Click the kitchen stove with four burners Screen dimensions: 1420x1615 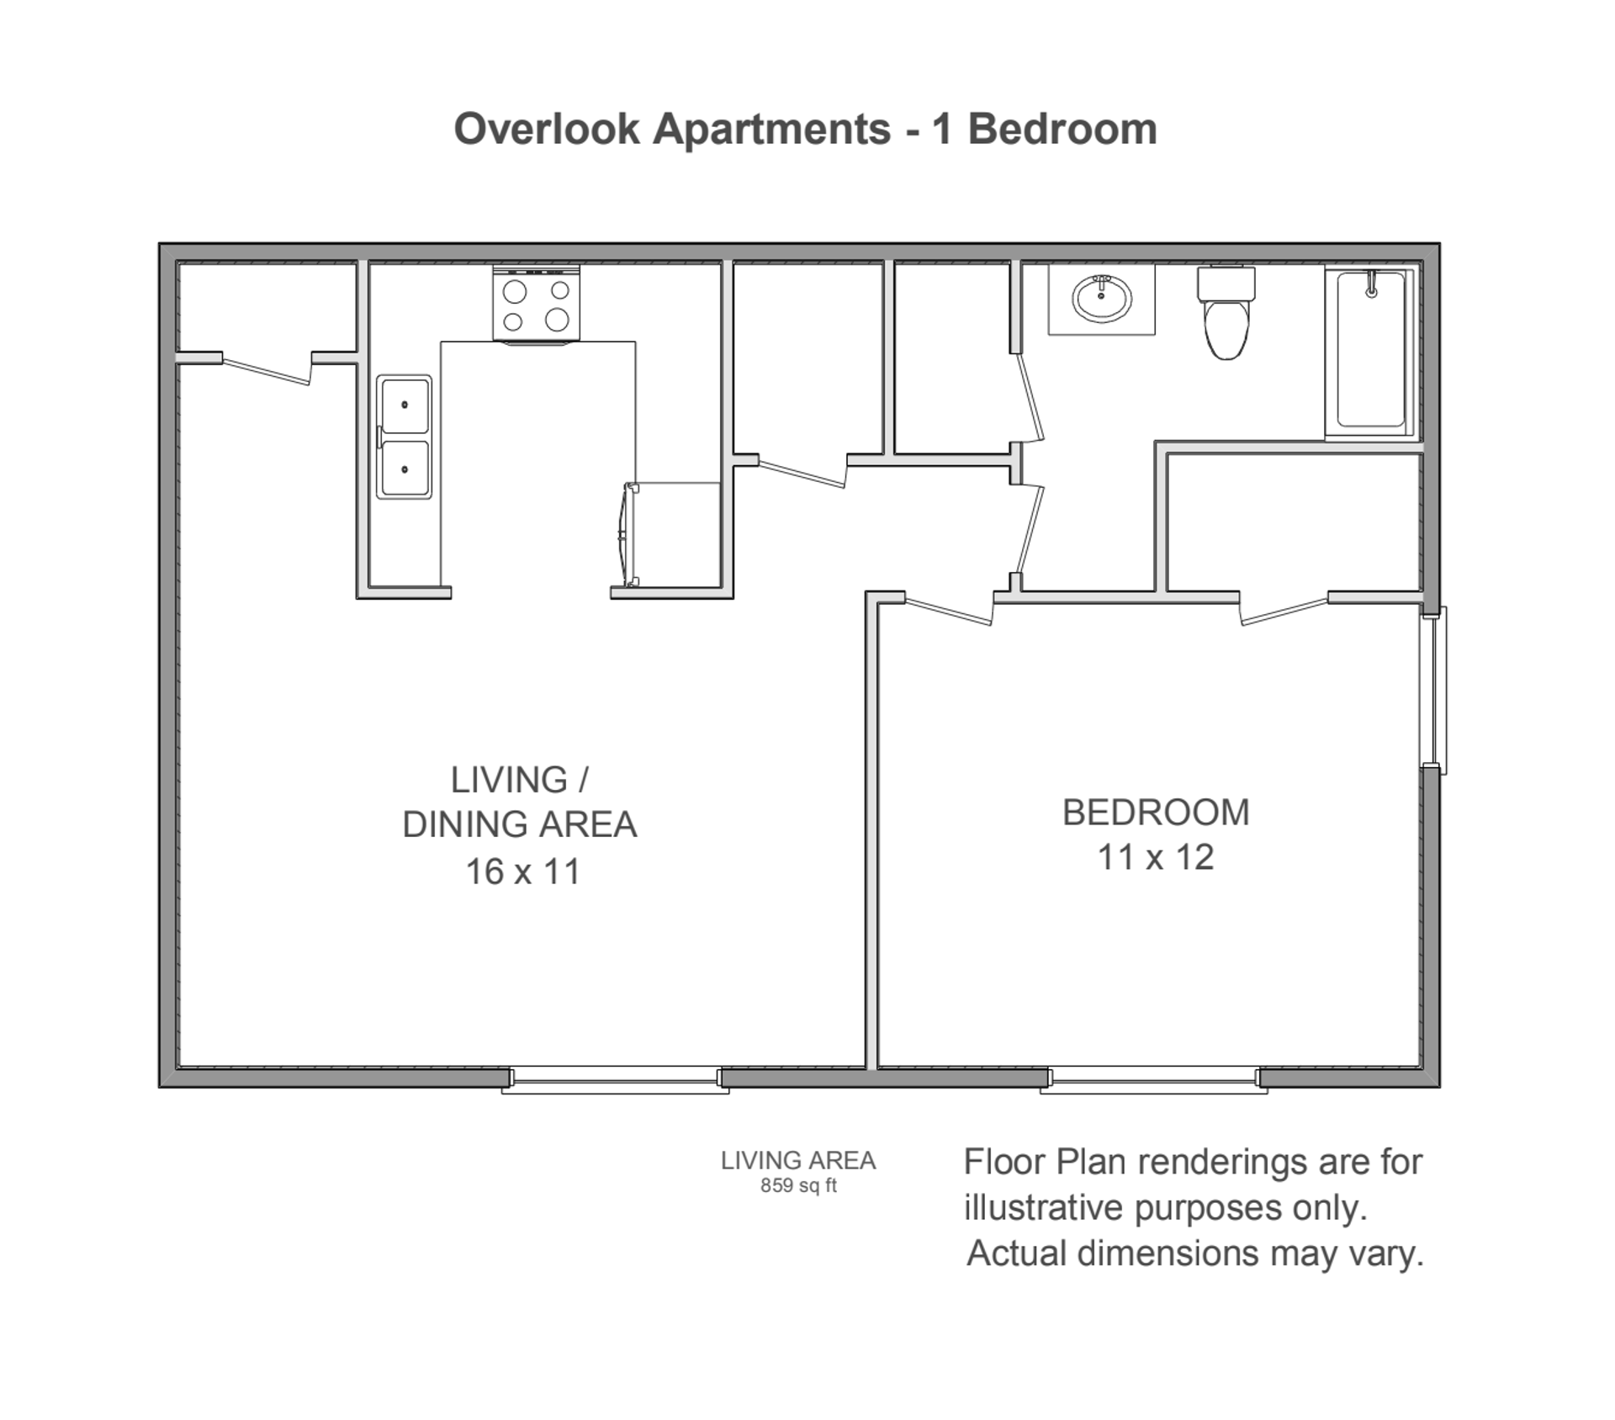coord(536,304)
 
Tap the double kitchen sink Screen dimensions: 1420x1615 coord(404,437)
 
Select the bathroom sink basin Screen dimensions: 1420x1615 coord(1101,299)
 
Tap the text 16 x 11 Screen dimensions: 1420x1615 coord(522,872)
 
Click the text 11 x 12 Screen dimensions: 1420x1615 coord(1155,857)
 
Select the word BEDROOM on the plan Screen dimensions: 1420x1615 coord(1155,813)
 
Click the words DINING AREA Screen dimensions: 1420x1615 coord(519,824)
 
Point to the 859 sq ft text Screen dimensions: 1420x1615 coord(797,1186)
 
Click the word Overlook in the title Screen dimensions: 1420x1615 coord(547,130)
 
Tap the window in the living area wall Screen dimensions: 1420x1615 coord(615,1079)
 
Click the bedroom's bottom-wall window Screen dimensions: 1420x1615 coord(1153,1079)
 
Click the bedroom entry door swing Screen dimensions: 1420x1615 coord(949,610)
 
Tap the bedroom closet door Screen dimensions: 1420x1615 coord(1285,611)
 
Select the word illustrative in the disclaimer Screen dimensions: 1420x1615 coord(1044,1208)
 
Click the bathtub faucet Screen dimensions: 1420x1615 coord(1371,286)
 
